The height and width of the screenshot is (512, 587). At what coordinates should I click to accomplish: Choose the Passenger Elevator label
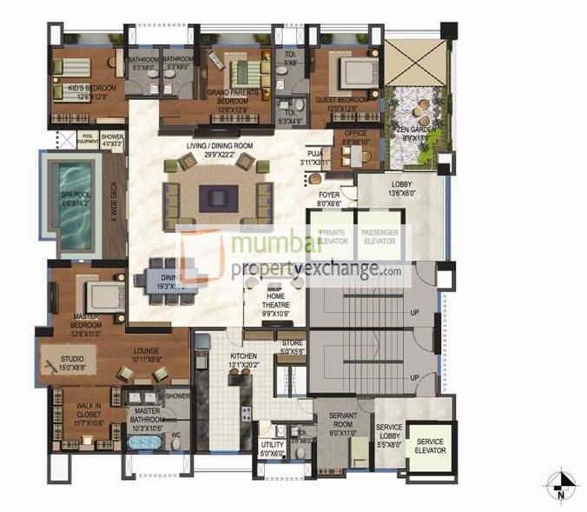tap(379, 236)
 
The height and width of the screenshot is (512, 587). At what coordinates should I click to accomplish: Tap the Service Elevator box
tap(430, 447)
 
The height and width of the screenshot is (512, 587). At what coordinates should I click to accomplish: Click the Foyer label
tap(328, 199)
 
